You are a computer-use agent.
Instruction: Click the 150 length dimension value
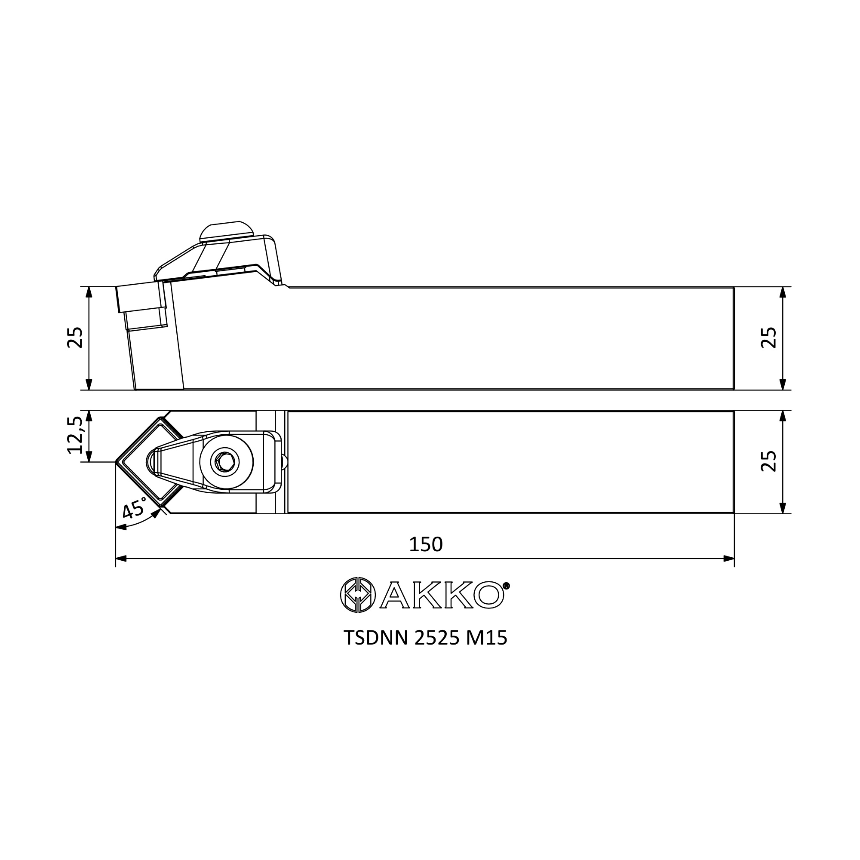coord(426,544)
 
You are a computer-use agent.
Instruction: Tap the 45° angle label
coord(135,508)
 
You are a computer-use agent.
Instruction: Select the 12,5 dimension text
coord(75,435)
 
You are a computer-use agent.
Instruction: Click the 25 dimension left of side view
coord(75,338)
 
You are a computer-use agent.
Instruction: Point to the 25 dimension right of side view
coord(769,338)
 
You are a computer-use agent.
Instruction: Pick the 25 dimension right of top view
coord(769,461)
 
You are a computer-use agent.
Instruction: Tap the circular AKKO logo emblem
coord(358,595)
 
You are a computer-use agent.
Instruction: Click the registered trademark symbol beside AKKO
coord(506,586)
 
